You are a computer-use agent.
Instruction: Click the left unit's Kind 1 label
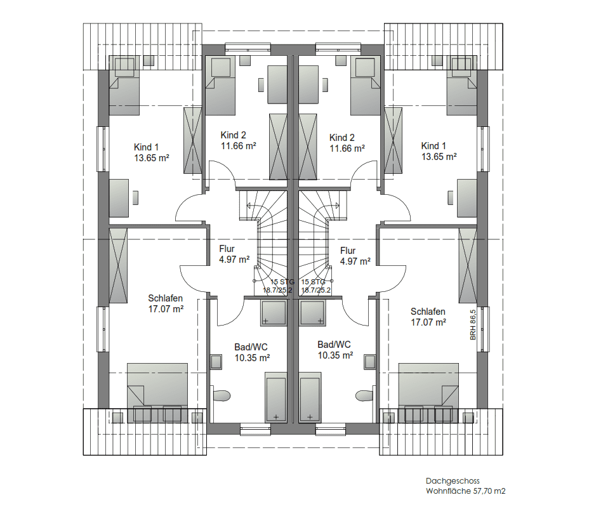pyautogui.click(x=147, y=147)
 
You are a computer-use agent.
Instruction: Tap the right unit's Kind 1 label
pyautogui.click(x=434, y=145)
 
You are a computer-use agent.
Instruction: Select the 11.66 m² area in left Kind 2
pyautogui.click(x=238, y=145)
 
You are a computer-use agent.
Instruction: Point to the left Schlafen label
pyautogui.click(x=166, y=298)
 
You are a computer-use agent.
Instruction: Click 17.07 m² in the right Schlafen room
pyautogui.click(x=428, y=322)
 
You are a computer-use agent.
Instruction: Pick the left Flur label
pyautogui.click(x=227, y=249)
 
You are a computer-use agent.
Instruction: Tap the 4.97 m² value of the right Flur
pyautogui.click(x=355, y=261)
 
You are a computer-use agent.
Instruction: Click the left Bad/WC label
pyautogui.click(x=251, y=347)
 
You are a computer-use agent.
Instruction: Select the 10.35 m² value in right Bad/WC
pyautogui.click(x=335, y=355)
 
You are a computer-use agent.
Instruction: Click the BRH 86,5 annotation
pyautogui.click(x=473, y=325)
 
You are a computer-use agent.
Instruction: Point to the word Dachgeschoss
pyautogui.click(x=453, y=481)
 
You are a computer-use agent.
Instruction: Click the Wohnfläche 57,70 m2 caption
pyautogui.click(x=466, y=491)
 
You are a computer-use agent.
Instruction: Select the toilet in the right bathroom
pyautogui.click(x=365, y=395)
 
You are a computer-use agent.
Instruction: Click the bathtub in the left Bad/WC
pyautogui.click(x=275, y=397)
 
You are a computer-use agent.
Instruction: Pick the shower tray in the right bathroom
pyautogui.click(x=312, y=313)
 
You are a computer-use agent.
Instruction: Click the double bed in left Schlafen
pyautogui.click(x=157, y=393)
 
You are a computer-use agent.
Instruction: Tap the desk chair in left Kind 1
pyautogui.click(x=135, y=197)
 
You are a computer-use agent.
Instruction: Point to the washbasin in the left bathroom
pyautogui.click(x=216, y=362)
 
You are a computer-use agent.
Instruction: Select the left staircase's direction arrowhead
pyautogui.click(x=248, y=206)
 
